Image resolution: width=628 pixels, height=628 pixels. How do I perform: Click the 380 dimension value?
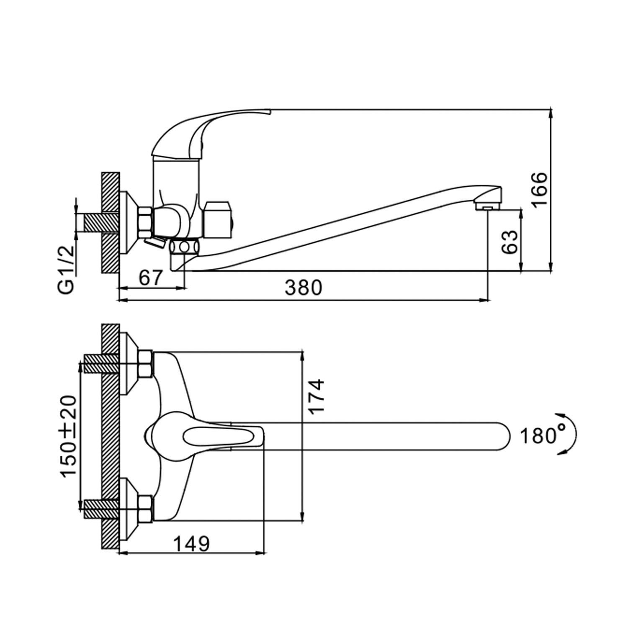coord(304,287)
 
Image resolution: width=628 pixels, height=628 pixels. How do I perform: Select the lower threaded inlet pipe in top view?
coord(101,508)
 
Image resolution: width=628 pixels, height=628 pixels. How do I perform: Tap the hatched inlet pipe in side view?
coord(100,222)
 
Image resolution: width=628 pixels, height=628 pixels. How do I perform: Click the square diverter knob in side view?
coord(219,221)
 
